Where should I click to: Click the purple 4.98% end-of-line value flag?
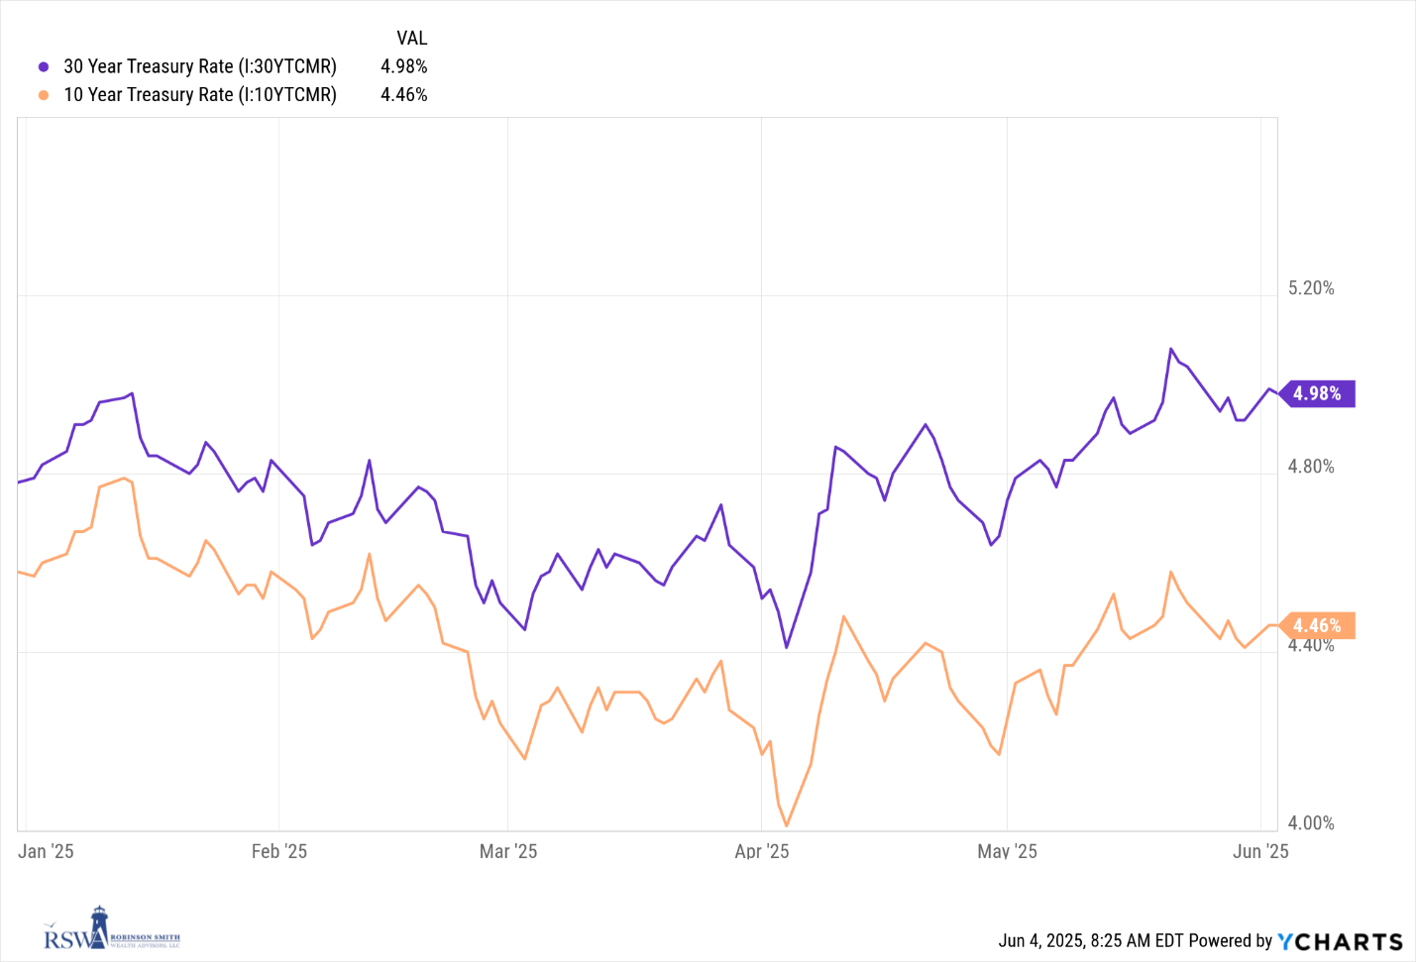tap(1318, 393)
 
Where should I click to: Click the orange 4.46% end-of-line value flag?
tap(1318, 625)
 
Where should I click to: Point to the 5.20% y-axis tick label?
tap(1310, 288)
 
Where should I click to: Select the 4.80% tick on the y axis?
tap(1310, 467)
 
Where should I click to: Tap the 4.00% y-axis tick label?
tap(1310, 823)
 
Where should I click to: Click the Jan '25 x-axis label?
tap(46, 851)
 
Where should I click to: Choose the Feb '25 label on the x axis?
tap(279, 851)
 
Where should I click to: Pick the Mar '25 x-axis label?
tap(508, 851)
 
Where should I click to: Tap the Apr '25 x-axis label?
tap(762, 851)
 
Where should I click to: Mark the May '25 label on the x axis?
tap(1007, 851)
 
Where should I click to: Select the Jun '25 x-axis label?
tap(1260, 851)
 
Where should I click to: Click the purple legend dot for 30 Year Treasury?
tap(44, 67)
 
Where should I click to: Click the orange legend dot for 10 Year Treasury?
tap(44, 95)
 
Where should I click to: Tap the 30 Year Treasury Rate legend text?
tap(200, 66)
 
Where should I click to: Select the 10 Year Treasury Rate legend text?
tap(200, 95)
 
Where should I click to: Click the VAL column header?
tap(411, 38)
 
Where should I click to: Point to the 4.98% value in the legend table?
tap(404, 66)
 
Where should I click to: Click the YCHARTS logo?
tap(1340, 941)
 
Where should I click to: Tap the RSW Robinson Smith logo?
tap(111, 930)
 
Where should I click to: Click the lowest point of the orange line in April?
tap(787, 825)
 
